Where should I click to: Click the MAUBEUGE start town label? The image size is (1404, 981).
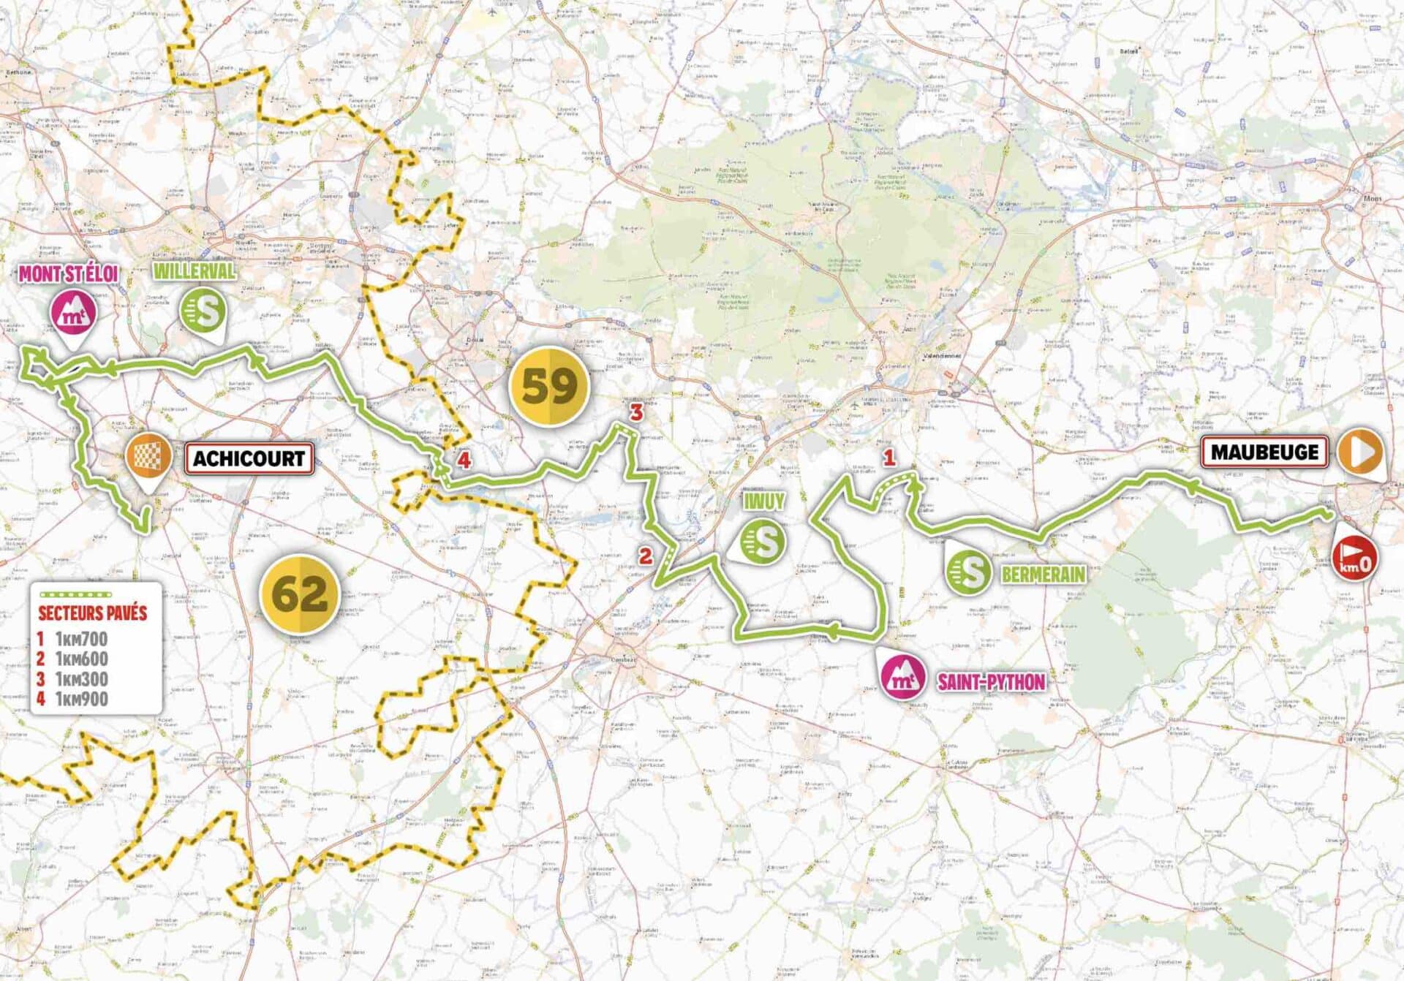click(x=1264, y=452)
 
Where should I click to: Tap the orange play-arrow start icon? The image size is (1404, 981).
click(x=1362, y=452)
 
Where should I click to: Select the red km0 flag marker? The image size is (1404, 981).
click(x=1355, y=558)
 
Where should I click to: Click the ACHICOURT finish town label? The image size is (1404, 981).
click(x=249, y=458)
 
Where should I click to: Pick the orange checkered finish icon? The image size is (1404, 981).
click(x=149, y=456)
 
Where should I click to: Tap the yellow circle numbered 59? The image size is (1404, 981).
click(x=549, y=386)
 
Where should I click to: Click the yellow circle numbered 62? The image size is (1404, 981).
click(x=300, y=594)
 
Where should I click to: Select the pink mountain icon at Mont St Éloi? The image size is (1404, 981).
click(x=73, y=313)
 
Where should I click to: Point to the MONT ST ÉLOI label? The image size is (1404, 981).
click(x=68, y=274)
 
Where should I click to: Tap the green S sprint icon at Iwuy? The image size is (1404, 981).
click(x=763, y=542)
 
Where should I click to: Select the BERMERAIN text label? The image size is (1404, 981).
click(x=1043, y=575)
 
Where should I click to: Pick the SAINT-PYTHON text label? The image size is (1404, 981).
click(x=991, y=683)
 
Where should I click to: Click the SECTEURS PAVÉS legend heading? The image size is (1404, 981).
click(x=93, y=613)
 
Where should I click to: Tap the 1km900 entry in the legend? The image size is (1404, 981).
click(x=80, y=699)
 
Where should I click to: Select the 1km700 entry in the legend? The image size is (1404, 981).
click(x=80, y=639)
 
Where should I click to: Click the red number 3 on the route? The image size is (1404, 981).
click(x=636, y=412)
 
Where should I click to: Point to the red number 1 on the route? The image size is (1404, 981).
click(x=888, y=458)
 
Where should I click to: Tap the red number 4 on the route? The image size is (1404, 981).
click(x=464, y=461)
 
